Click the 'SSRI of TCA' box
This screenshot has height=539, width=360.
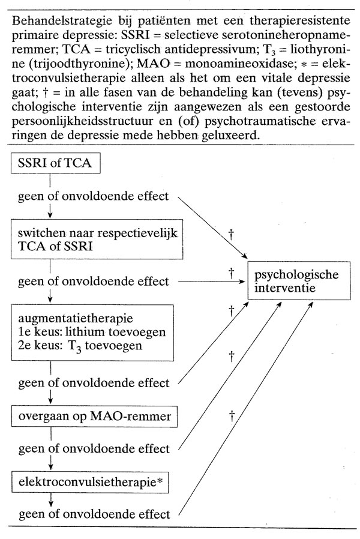click(x=50, y=163)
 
